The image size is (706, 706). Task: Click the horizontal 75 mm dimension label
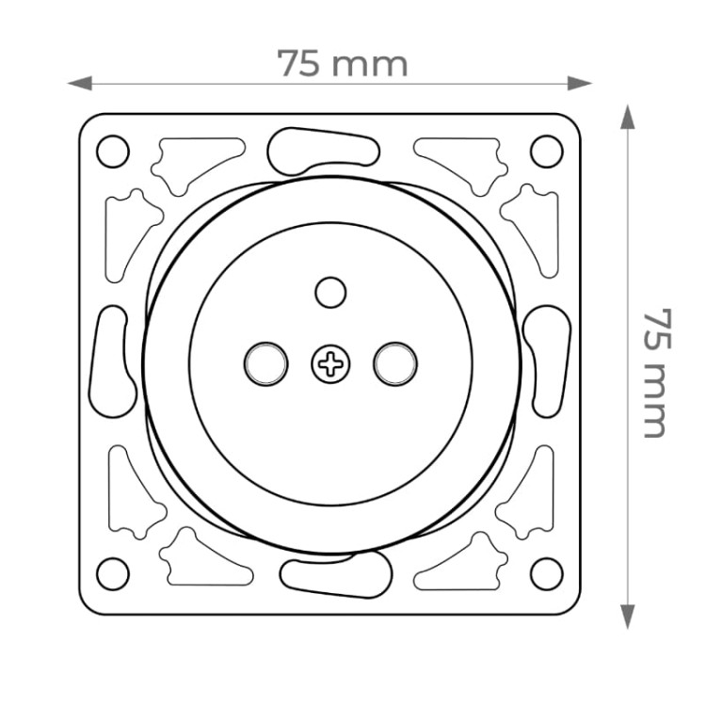point(343,63)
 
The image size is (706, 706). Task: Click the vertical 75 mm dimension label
point(656,373)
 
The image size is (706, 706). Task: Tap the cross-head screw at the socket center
point(331,364)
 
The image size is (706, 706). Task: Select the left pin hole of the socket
point(266,363)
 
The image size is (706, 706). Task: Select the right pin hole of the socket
point(395,363)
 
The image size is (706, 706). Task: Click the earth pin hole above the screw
point(331,293)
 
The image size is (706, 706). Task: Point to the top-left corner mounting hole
point(113,152)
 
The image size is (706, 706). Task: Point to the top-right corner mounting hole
point(547,152)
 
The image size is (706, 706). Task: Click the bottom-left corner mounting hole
point(113,574)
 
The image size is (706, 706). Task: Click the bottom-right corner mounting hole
point(547,574)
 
